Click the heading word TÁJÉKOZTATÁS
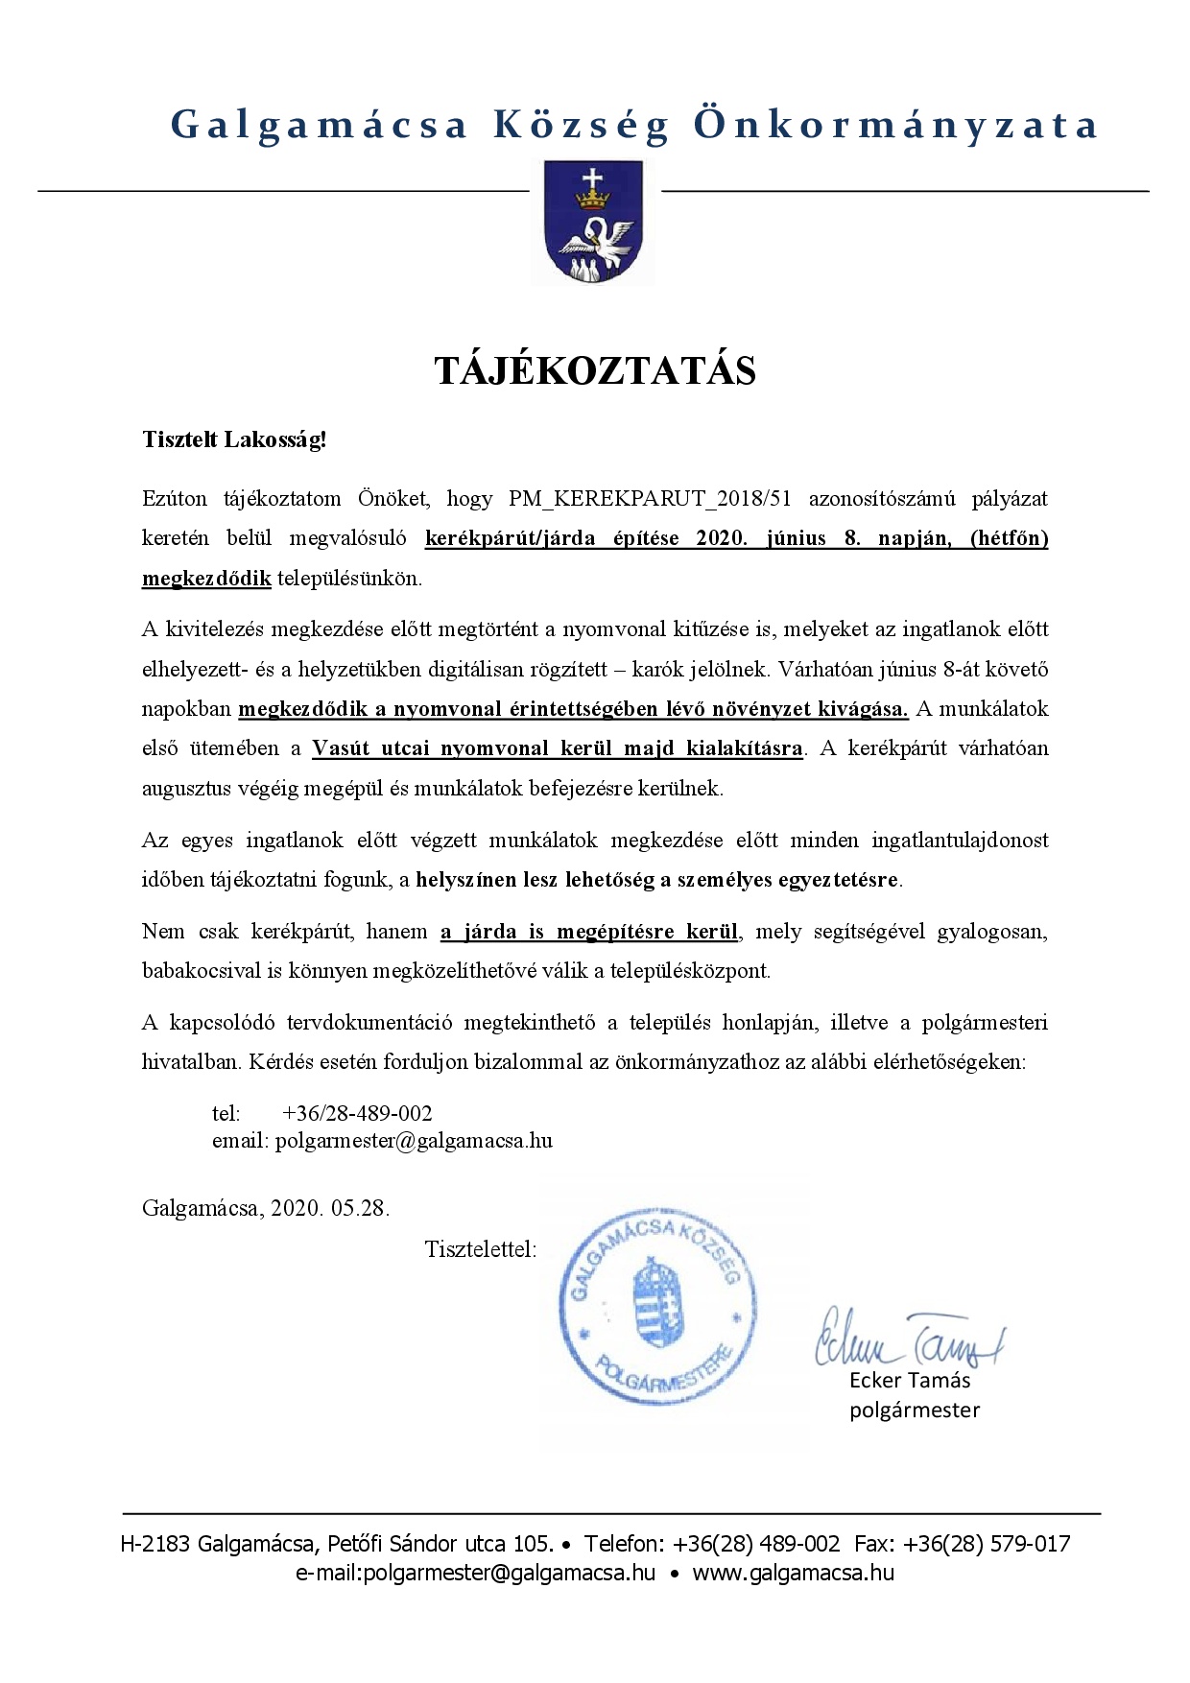pyautogui.click(x=595, y=370)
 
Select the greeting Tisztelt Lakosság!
pyautogui.click(x=234, y=440)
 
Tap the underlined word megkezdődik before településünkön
pyautogui.click(x=206, y=579)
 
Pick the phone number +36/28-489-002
pyautogui.click(x=357, y=1113)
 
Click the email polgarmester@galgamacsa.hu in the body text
pyautogui.click(x=414, y=1141)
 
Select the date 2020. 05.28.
pyautogui.click(x=330, y=1208)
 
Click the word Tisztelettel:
pyautogui.click(x=480, y=1250)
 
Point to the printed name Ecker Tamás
pyautogui.click(x=909, y=1381)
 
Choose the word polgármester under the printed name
pyautogui.click(x=914, y=1410)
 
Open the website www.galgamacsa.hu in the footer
pyautogui.click(x=793, y=1573)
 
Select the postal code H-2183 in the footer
pyautogui.click(x=154, y=1544)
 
